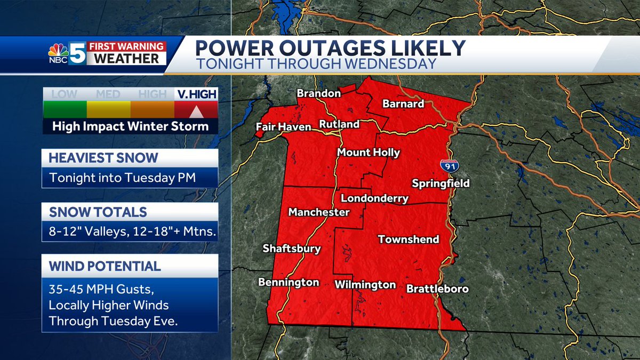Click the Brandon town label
318,93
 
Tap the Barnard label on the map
403,103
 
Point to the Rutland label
339,124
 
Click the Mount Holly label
368,153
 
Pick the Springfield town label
441,183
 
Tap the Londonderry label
374,199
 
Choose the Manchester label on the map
319,212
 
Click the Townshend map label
409,239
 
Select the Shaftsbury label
292,249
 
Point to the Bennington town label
289,282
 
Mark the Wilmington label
365,285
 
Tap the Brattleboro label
437,289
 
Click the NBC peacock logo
58,52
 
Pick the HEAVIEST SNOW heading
103,158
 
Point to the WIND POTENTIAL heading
105,266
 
